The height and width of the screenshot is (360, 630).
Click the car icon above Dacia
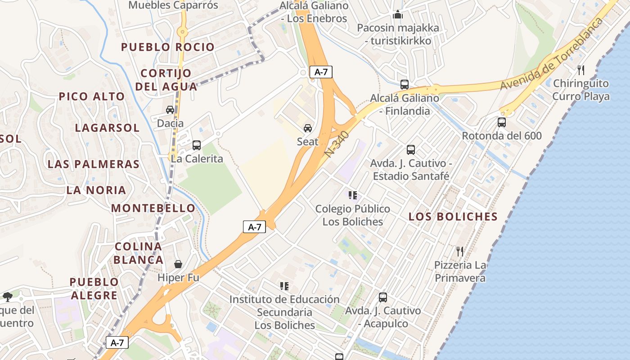pyautogui.click(x=170, y=110)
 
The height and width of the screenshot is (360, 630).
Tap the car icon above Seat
pyautogui.click(x=308, y=128)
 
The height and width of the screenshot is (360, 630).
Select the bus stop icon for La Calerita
pyautogui.click(x=197, y=145)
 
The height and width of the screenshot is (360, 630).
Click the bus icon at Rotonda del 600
pyautogui.click(x=502, y=122)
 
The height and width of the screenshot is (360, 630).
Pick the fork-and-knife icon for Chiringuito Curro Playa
pyautogui.click(x=581, y=70)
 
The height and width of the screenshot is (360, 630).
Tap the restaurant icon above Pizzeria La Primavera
pyautogui.click(x=460, y=252)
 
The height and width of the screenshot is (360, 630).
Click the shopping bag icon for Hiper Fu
pyautogui.click(x=178, y=264)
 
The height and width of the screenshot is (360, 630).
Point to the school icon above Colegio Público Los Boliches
pyautogui.click(x=353, y=195)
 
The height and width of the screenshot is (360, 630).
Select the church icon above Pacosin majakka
pyautogui.click(x=398, y=15)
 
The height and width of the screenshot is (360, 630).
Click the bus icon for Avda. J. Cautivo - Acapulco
pyautogui.click(x=383, y=297)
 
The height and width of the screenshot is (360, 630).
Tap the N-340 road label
pyautogui.click(x=337, y=144)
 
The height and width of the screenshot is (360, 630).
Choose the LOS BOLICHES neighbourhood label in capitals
pyautogui.click(x=453, y=216)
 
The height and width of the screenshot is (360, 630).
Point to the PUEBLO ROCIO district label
pyautogui.click(x=168, y=47)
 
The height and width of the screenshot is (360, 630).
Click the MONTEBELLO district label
pyautogui.click(x=153, y=208)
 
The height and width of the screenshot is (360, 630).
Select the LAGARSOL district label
pyautogui.click(x=107, y=128)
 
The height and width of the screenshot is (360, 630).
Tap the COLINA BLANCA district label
pyautogui.click(x=138, y=253)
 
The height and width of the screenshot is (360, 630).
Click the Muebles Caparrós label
pyautogui.click(x=173, y=5)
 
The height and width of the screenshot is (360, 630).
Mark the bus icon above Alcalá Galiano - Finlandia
pyautogui.click(x=405, y=85)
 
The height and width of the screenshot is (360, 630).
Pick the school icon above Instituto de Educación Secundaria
pyautogui.click(x=284, y=286)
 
